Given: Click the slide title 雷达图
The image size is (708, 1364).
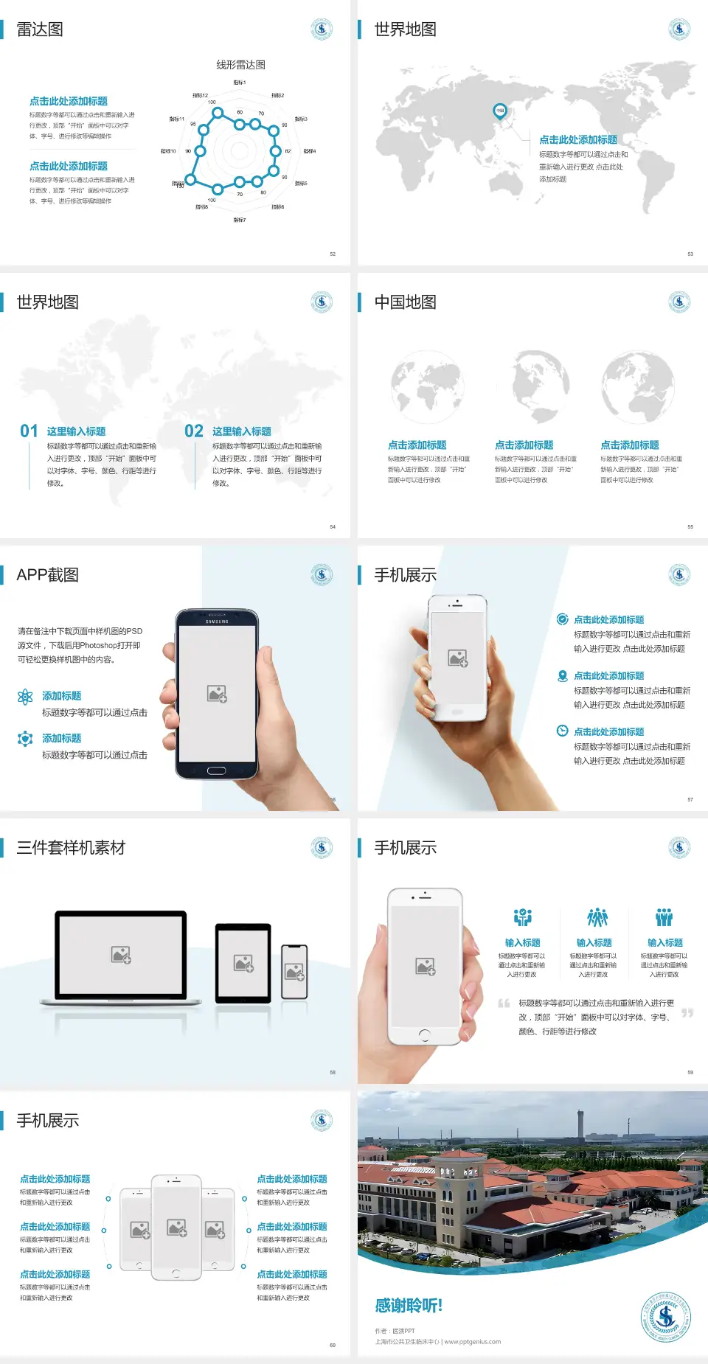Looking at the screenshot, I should [x=40, y=29].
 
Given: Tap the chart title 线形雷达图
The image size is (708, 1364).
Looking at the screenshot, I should [x=240, y=65].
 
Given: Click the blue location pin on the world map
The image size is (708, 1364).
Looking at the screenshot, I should [x=499, y=111].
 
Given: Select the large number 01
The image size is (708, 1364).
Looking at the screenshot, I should [x=29, y=431].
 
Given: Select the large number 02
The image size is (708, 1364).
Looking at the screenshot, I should [x=194, y=431].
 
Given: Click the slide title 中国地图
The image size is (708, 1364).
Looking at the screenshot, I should [x=405, y=302].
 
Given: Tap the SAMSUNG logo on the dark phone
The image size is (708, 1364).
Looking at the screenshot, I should [x=217, y=622].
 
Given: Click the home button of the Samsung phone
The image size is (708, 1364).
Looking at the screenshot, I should [x=216, y=770].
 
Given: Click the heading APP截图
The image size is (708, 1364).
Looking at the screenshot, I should [x=47, y=575].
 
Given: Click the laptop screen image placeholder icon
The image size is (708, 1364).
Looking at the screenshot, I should [x=121, y=955].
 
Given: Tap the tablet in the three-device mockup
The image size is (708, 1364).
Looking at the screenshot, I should [x=243, y=962].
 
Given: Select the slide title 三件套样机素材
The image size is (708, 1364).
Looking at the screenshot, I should [x=71, y=848].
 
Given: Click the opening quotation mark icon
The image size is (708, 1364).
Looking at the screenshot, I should [x=504, y=1003].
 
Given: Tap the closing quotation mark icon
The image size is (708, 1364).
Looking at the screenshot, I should [x=687, y=1013].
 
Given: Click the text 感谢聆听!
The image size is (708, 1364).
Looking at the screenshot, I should [x=408, y=1306].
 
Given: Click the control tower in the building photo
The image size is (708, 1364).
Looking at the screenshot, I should [x=580, y=1124].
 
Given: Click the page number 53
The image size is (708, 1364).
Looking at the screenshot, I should [x=690, y=254].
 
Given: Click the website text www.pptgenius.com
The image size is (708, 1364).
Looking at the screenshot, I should [x=473, y=1342].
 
